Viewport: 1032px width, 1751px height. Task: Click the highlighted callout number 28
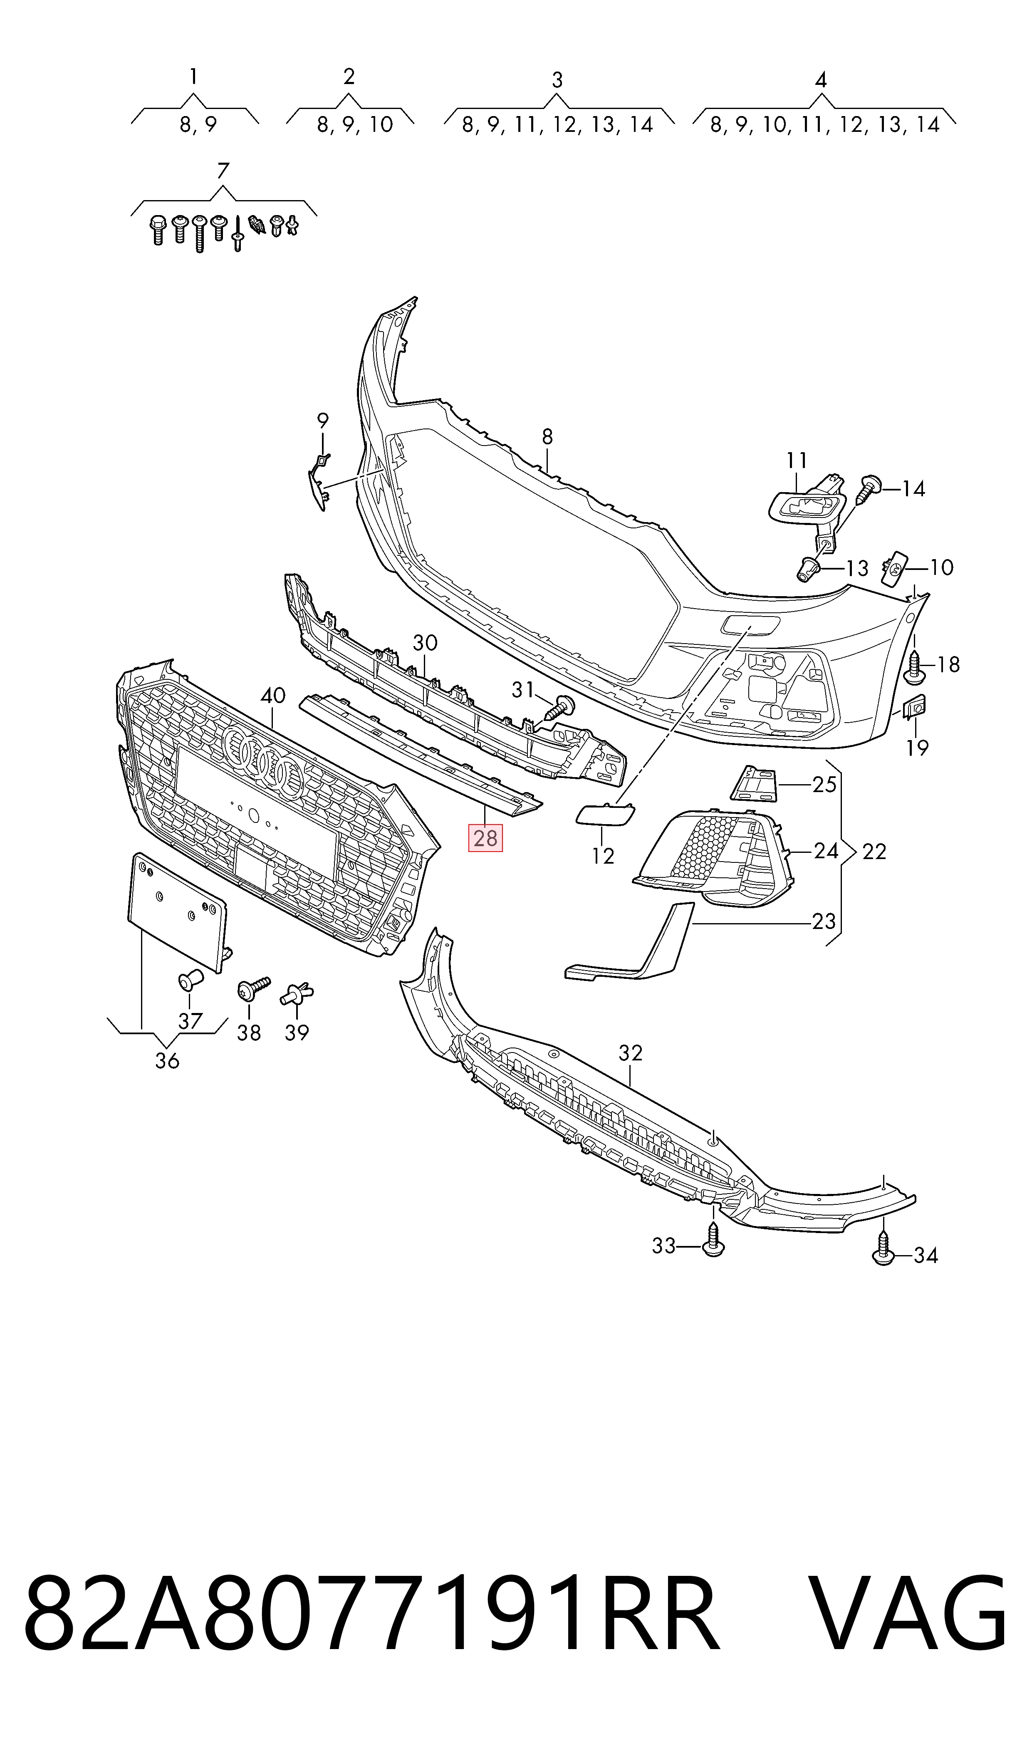(485, 838)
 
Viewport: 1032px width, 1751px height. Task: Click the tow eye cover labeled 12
(605, 812)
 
